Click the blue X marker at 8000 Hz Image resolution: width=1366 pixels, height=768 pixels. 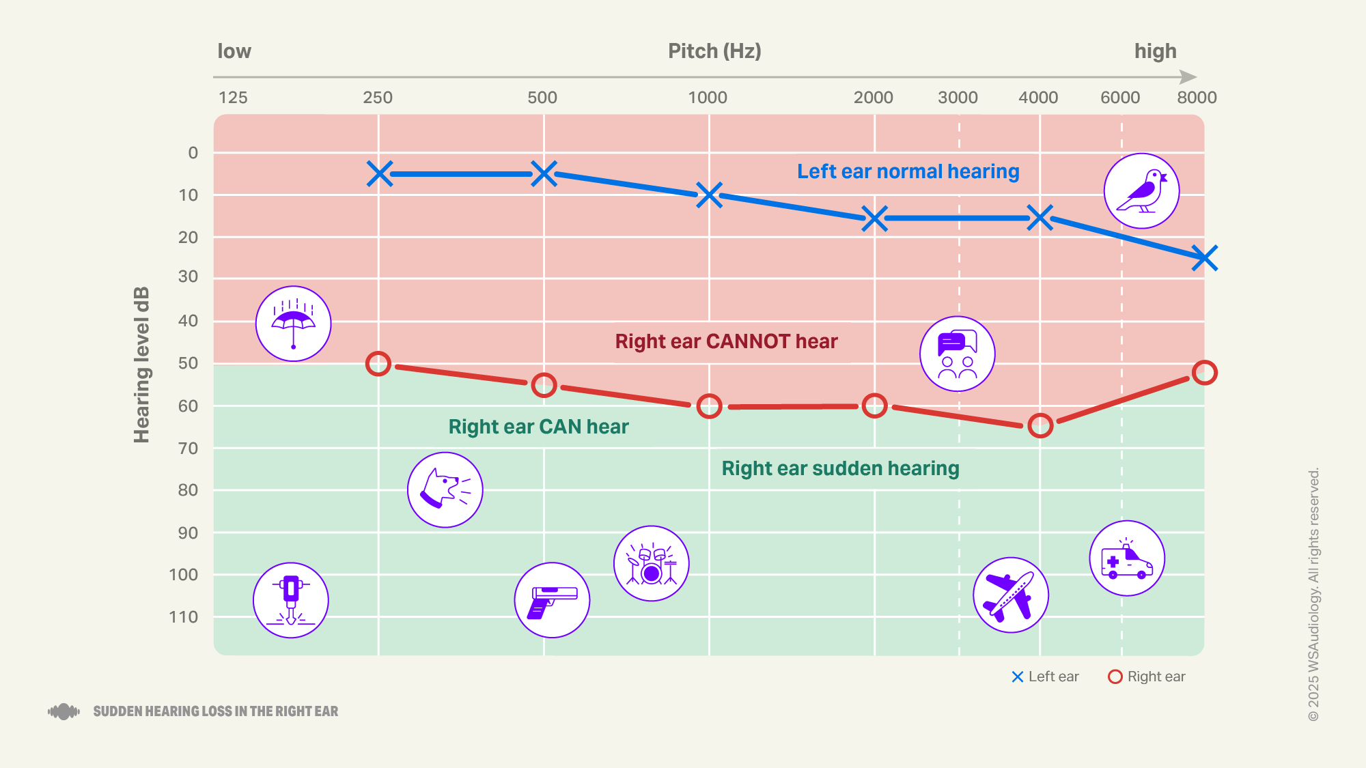[1204, 258]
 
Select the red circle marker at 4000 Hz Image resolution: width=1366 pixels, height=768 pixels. [1040, 425]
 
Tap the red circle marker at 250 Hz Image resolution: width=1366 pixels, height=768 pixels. [378, 364]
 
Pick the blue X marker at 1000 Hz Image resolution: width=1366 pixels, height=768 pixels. [709, 195]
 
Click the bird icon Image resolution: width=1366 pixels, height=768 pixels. [1141, 191]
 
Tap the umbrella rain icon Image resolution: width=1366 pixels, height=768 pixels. [293, 324]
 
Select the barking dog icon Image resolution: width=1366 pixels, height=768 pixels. [445, 489]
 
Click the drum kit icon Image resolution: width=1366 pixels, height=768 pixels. [651, 563]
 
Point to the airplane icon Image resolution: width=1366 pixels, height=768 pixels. [1010, 595]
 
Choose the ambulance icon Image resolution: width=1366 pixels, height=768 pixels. [1126, 558]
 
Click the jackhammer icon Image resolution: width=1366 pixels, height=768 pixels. [291, 600]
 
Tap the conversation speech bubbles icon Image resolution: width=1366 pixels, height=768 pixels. [957, 354]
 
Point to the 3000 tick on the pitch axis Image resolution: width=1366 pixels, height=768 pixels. [958, 98]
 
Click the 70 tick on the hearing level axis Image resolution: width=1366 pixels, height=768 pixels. [188, 449]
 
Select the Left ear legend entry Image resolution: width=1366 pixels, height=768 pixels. [1045, 677]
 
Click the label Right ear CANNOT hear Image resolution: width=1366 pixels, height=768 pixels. [726, 341]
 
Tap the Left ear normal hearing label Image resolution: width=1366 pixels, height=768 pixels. [908, 171]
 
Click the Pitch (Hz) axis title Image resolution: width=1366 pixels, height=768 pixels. [714, 51]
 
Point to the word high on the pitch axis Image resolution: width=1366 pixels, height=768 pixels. [1155, 51]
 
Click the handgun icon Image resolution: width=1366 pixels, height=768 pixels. [552, 600]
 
